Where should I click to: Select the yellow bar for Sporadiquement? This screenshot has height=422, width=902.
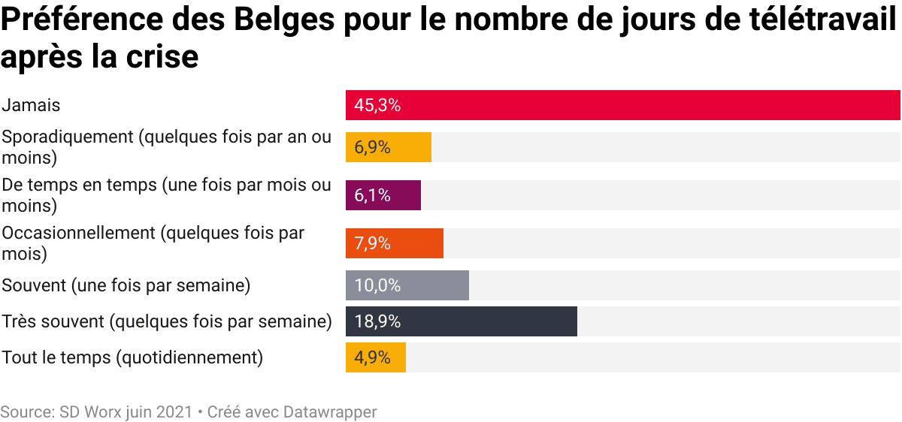pos(389,147)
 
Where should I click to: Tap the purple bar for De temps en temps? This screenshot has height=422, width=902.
pos(383,195)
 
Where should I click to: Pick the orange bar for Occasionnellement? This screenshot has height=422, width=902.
pos(395,243)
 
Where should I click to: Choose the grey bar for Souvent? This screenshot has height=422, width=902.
pos(407,285)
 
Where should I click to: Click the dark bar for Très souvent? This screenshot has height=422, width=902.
pos(462,321)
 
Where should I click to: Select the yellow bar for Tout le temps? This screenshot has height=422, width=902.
pos(376,357)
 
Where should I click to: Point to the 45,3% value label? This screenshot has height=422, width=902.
pos(377,105)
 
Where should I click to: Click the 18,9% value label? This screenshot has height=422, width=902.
pos(377,321)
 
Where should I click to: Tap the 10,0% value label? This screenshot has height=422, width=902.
pos(377,285)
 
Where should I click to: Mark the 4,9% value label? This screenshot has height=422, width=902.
pos(372,357)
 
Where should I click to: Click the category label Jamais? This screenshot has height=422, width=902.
pos(31,105)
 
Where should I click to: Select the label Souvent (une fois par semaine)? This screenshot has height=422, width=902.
pos(126,285)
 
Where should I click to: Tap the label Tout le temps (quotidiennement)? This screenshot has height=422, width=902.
pos(132,357)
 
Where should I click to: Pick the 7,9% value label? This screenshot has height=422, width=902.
pos(372,243)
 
